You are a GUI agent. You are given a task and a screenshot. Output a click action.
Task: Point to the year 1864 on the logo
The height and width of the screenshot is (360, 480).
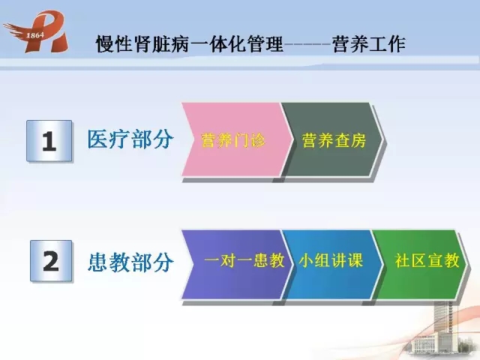[x=35, y=35]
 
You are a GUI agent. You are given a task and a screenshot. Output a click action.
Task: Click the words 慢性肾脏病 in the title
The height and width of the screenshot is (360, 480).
[x=142, y=44]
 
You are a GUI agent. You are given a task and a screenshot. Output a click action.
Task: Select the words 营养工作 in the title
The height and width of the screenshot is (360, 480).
[x=369, y=44]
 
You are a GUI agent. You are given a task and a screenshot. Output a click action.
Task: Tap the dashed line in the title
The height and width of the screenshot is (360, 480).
[x=307, y=44]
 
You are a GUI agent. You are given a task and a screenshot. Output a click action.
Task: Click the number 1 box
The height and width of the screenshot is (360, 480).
[x=49, y=141]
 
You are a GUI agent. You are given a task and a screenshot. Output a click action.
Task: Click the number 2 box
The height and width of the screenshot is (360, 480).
[x=51, y=261]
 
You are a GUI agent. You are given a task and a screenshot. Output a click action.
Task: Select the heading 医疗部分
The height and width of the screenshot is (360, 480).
[x=130, y=139]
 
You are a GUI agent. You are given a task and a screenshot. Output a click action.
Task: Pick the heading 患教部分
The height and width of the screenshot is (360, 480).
[x=130, y=262]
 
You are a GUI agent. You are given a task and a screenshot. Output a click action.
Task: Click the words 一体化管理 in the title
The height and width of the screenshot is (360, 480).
[x=237, y=44]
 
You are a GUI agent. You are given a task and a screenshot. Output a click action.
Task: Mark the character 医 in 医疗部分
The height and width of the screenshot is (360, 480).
[x=98, y=139]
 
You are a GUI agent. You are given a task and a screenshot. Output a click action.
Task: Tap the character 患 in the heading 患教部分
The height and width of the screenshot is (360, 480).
[x=98, y=262]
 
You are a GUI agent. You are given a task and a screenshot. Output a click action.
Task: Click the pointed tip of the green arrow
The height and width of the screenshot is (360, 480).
[x=468, y=263]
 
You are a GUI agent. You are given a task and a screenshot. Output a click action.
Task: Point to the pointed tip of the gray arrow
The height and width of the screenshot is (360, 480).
[x=383, y=140]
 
